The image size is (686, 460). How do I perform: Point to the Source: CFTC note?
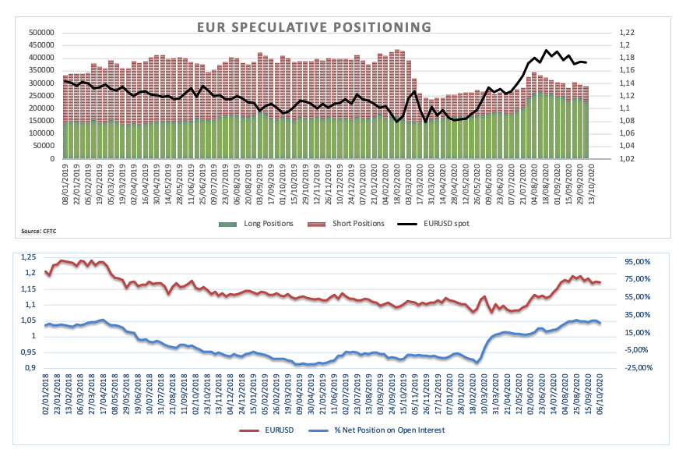37,232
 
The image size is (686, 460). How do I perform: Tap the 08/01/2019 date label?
66,186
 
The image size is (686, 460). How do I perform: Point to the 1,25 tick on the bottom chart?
30,257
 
